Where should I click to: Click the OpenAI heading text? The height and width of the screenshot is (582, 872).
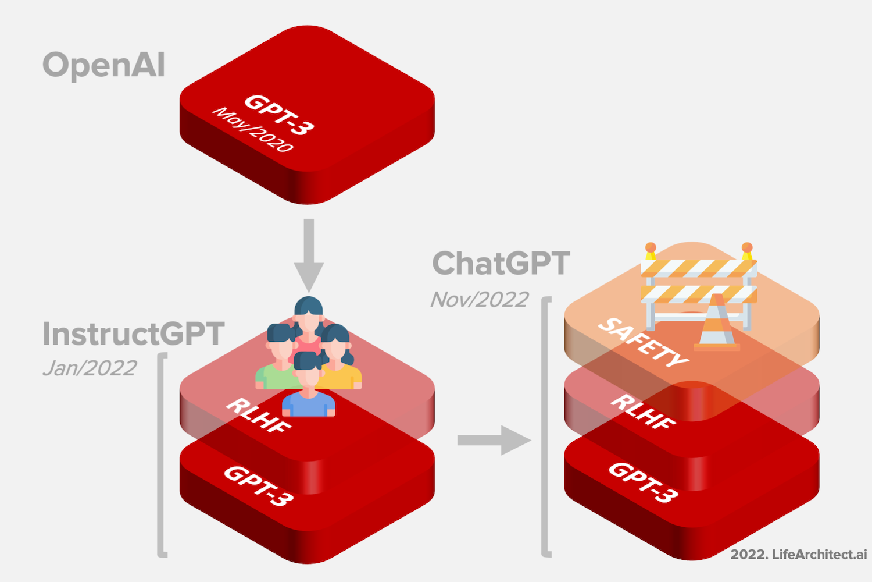104,65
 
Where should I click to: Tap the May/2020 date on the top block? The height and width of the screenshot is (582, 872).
253,130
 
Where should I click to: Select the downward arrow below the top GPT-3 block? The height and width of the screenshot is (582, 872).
309,256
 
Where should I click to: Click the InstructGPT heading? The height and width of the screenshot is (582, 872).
133,334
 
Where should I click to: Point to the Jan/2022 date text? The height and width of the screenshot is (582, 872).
90,368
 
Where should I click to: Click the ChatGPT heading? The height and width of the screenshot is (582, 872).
501,263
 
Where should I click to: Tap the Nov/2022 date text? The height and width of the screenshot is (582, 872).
480,299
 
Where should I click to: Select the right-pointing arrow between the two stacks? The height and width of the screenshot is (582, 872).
494,440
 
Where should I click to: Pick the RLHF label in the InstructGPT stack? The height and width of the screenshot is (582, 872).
259,415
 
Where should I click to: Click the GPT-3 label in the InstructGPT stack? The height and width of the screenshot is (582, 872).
259,485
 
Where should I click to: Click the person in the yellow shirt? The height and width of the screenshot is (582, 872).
340,364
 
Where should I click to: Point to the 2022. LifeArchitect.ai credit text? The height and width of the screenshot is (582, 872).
798,554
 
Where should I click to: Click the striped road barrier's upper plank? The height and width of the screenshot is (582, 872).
698,268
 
